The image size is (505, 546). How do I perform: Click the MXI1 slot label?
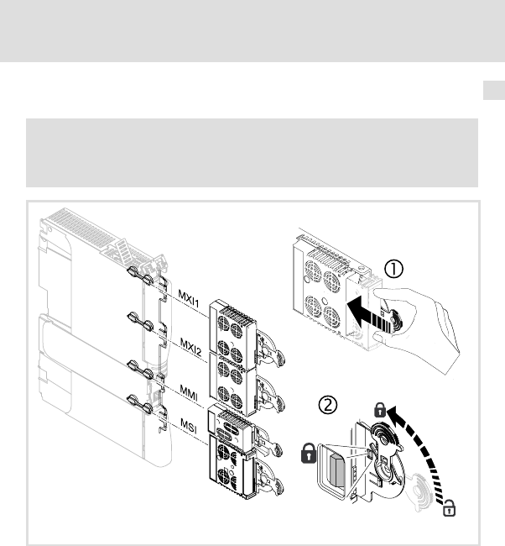189,298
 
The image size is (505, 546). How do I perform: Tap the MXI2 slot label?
191,347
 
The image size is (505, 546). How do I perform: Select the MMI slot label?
189,392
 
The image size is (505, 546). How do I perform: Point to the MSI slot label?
189,426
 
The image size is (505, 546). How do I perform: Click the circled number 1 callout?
393,269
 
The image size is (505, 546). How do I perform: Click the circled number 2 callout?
328,405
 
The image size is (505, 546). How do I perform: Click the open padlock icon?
450,507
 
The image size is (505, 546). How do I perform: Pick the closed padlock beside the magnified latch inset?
309,453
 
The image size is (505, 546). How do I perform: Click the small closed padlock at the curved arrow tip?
380,410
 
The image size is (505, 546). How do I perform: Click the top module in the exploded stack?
232,328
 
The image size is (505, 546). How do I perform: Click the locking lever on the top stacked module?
270,348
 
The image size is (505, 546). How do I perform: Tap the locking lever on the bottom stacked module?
269,478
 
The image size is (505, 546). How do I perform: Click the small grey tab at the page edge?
494,90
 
